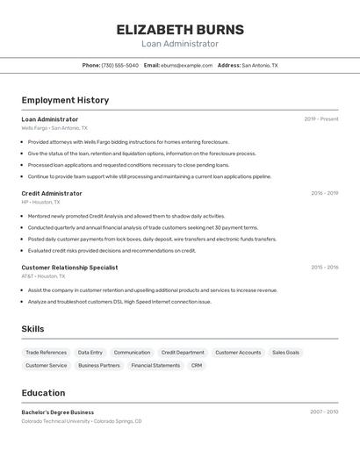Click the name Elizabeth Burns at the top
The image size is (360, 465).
[180, 30]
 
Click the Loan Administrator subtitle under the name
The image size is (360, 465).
[180, 44]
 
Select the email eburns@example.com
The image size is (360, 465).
[186, 65]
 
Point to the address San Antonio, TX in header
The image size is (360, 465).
[259, 65]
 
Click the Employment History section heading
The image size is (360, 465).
[65, 100]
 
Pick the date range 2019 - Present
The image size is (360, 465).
[321, 119]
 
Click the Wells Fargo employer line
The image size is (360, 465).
[54, 128]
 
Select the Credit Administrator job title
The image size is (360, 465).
[52, 193]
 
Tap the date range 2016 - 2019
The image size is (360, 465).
[324, 193]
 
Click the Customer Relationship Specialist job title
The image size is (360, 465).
[69, 268]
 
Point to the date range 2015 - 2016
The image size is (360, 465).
[324, 268]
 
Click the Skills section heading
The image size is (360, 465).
[32, 329]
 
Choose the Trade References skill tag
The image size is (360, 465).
[46, 353]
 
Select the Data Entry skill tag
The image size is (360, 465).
[90, 353]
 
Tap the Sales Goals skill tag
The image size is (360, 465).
[285, 353]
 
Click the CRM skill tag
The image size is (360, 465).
[197, 366]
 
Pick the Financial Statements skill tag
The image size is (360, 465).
[155, 366]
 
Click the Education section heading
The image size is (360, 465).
[43, 393]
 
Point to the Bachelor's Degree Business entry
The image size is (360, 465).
[58, 412]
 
